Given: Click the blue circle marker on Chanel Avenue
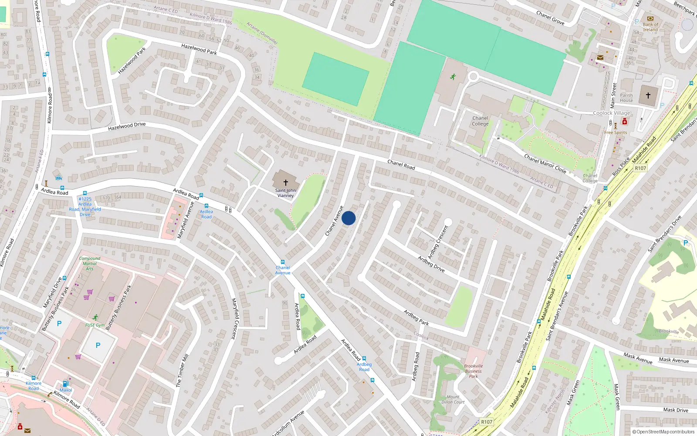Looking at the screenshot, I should tap(348, 218).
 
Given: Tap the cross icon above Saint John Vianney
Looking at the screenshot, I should tap(286, 183).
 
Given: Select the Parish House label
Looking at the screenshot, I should tap(626, 98).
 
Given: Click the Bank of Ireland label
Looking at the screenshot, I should tap(650, 27).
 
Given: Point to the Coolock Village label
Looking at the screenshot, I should tap(612, 113).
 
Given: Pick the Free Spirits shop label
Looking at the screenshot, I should tap(616, 133).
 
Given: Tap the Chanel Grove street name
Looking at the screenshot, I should tap(550, 18).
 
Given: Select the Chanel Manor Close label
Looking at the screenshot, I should tap(545, 164).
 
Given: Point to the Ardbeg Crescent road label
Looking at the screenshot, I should tap(438, 242).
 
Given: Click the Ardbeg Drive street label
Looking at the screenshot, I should tap(431, 264).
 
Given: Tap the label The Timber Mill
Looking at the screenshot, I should tap(182, 370).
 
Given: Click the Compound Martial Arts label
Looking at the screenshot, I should tap(90, 263).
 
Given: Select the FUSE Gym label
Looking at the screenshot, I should tap(95, 325).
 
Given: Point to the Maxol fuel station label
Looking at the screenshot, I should tap(66, 390).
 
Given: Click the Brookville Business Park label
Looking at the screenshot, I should tap(474, 371).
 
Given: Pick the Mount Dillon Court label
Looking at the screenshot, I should tap(453, 399).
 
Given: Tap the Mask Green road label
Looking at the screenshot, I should tap(573, 393).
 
